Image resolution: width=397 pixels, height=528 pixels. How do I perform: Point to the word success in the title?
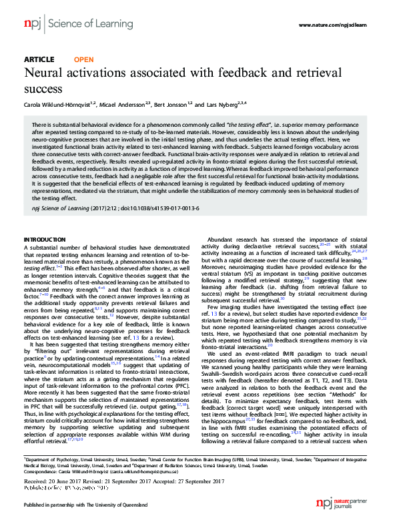click(x=43, y=87)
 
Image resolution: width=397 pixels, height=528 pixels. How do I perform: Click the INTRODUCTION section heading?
click(x=45, y=238)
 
